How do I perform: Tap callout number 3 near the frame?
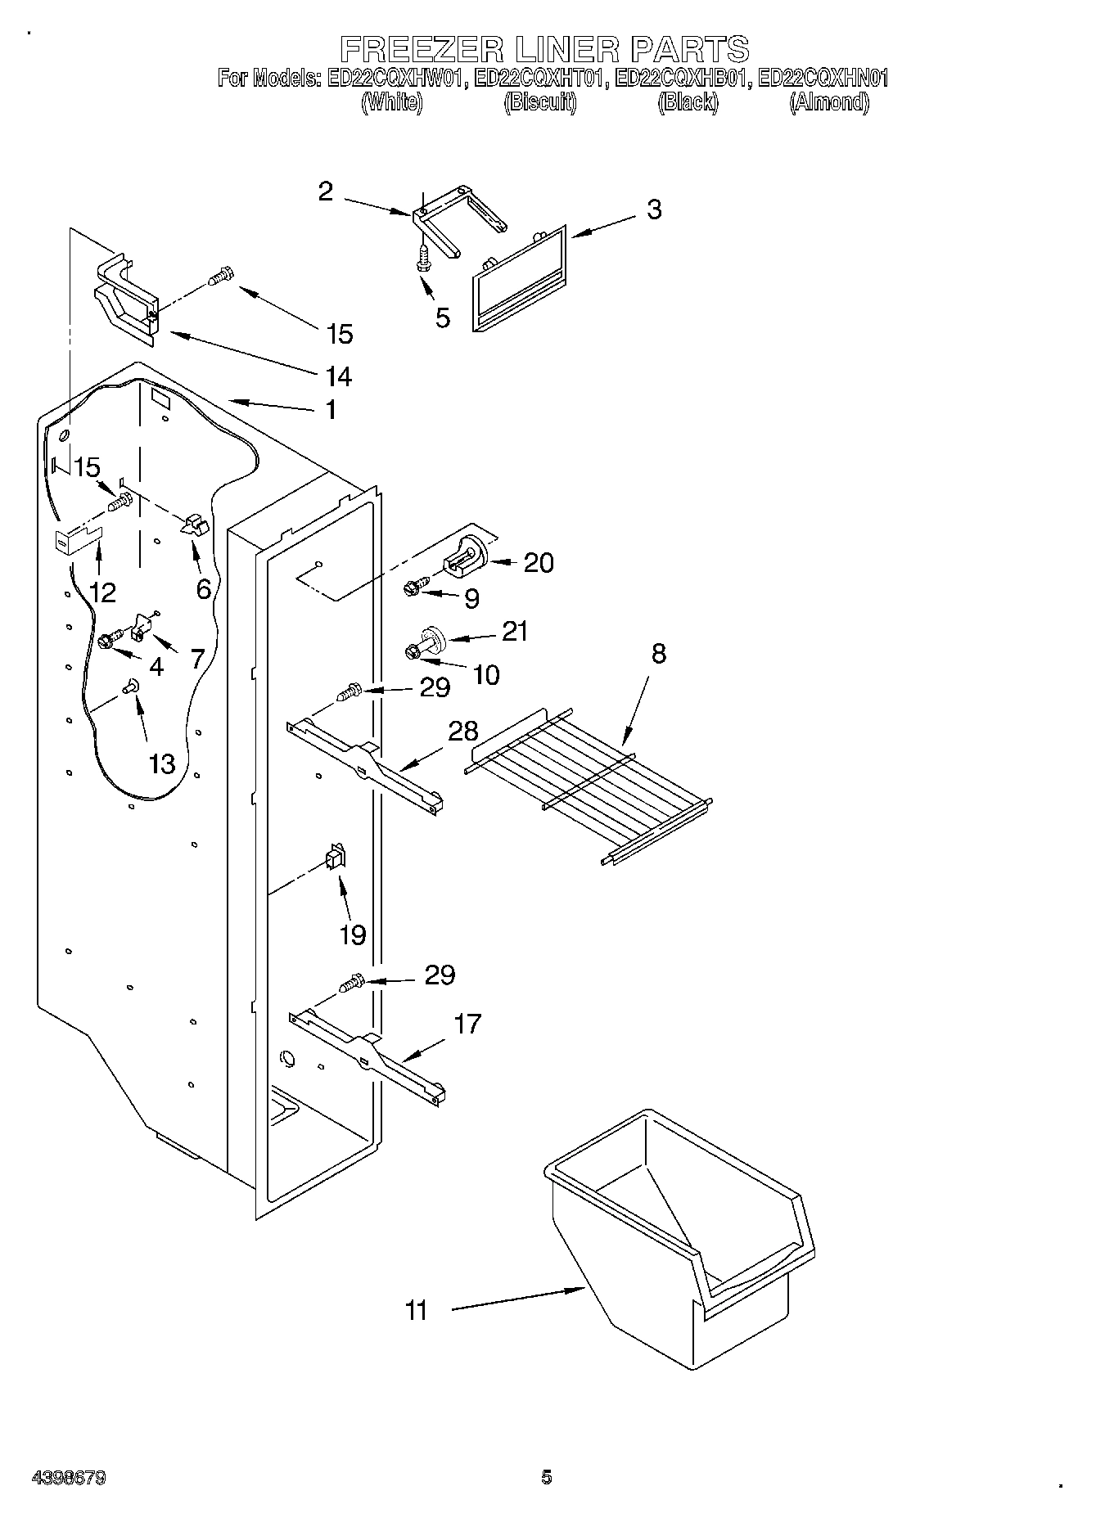653,209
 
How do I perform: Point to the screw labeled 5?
424,259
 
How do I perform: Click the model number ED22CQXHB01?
681,79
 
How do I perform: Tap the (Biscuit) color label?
540,102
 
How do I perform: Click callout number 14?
338,376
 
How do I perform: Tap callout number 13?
162,763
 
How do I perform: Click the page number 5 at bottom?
547,1477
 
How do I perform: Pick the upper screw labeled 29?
350,694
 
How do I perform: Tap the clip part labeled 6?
194,525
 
